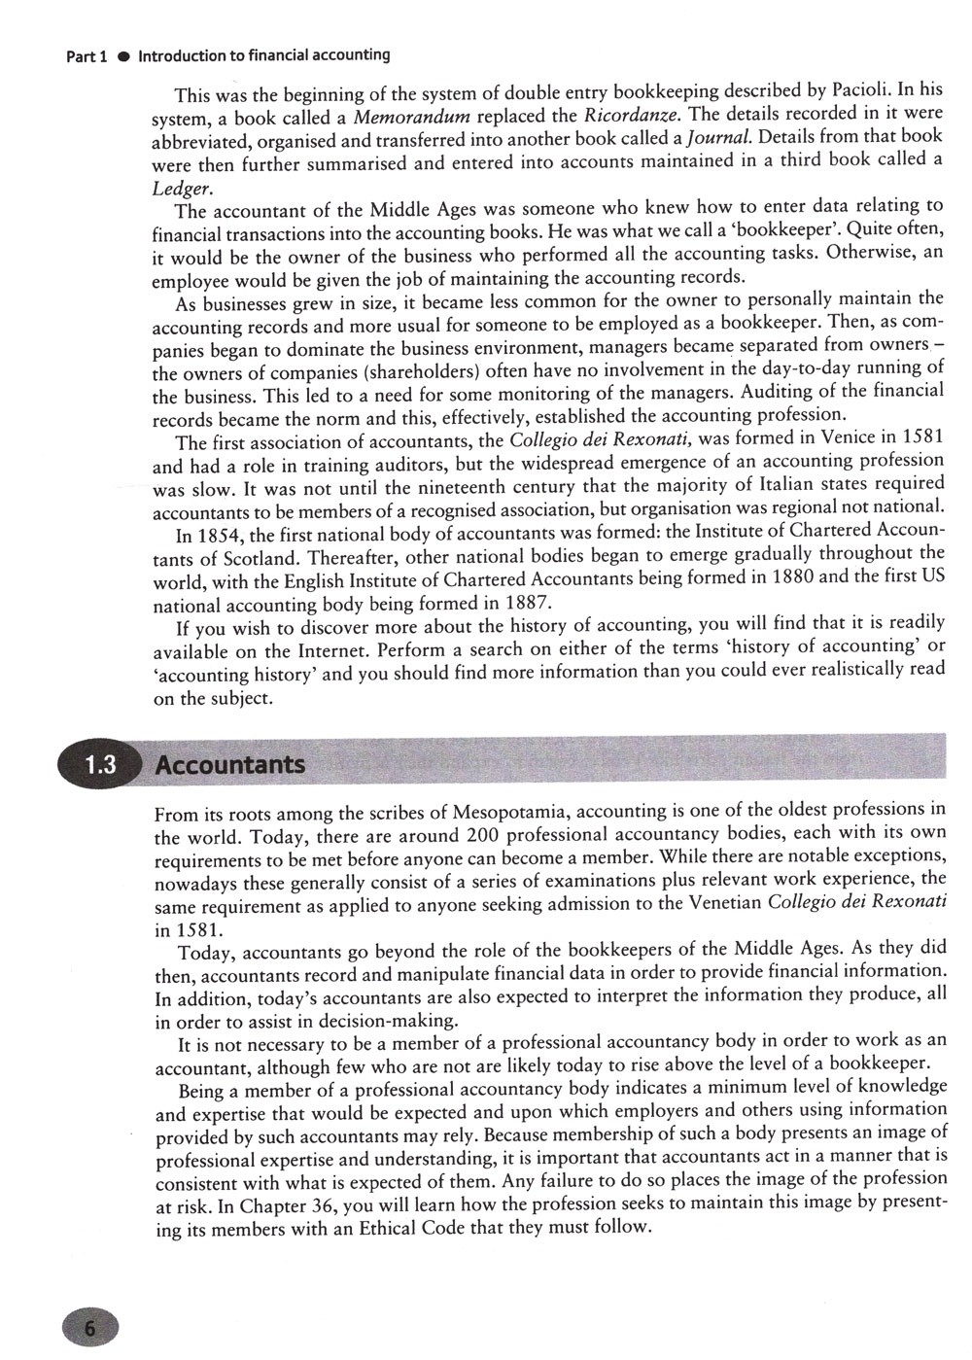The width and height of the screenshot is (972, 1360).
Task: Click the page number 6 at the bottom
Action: click(88, 1329)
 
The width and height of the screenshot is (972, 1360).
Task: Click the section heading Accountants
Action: click(230, 765)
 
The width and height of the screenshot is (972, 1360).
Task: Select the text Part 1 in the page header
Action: click(86, 56)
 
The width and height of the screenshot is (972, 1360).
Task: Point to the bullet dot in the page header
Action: click(123, 56)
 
